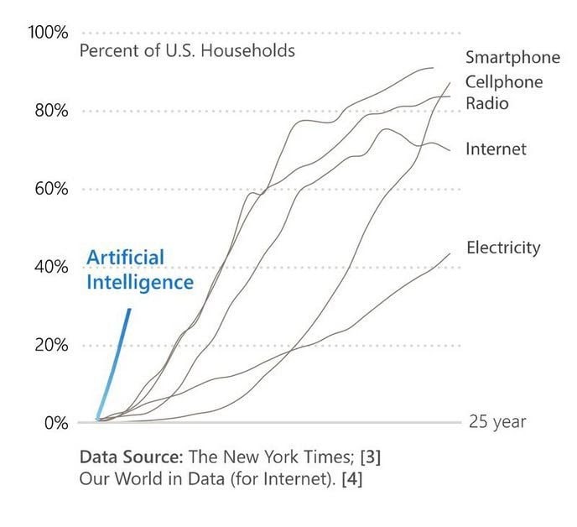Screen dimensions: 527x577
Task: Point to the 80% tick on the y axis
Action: (x=50, y=111)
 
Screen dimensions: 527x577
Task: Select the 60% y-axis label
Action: (x=50, y=189)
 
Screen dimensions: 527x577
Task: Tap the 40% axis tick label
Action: (x=50, y=267)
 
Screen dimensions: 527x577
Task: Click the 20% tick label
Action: (x=50, y=345)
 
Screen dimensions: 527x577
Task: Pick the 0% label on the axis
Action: (x=55, y=422)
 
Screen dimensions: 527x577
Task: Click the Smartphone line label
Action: (x=512, y=58)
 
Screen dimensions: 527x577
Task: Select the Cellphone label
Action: (x=504, y=81)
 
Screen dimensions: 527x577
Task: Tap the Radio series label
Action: (x=487, y=103)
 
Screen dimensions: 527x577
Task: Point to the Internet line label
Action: (x=496, y=149)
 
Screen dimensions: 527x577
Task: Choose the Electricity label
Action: (x=503, y=248)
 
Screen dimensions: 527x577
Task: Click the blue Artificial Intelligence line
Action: (x=116, y=362)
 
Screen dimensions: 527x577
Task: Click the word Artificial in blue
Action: (x=126, y=257)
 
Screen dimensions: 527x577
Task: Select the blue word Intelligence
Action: (x=140, y=282)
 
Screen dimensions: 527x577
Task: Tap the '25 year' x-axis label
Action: (x=497, y=421)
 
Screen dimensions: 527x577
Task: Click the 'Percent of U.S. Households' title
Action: (x=187, y=50)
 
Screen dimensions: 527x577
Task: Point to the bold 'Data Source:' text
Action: (x=131, y=458)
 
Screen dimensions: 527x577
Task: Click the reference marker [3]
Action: (x=369, y=458)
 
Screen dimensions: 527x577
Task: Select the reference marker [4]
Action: (x=350, y=480)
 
